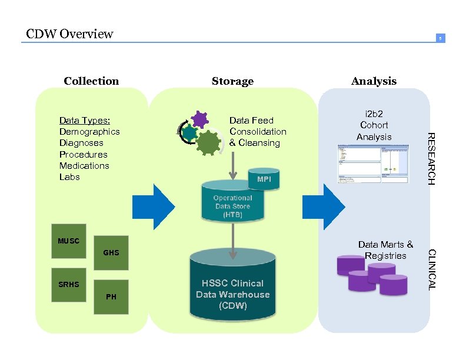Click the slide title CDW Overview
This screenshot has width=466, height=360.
[x=69, y=34]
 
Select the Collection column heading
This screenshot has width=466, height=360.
[x=91, y=81]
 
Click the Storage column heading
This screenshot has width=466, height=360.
[x=232, y=81]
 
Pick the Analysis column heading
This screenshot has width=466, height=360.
[x=374, y=81]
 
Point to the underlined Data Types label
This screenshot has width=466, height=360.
[x=85, y=121]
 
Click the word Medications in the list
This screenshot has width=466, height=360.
[x=84, y=165]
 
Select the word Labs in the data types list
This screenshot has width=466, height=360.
[x=69, y=176]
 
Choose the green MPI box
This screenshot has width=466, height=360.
[x=264, y=179]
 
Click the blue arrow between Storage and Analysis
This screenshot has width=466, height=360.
[x=324, y=206]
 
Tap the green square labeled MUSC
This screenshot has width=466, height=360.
[x=69, y=241]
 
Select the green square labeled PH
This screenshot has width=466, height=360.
[x=111, y=296]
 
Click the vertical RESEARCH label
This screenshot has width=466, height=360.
[x=431, y=159]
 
